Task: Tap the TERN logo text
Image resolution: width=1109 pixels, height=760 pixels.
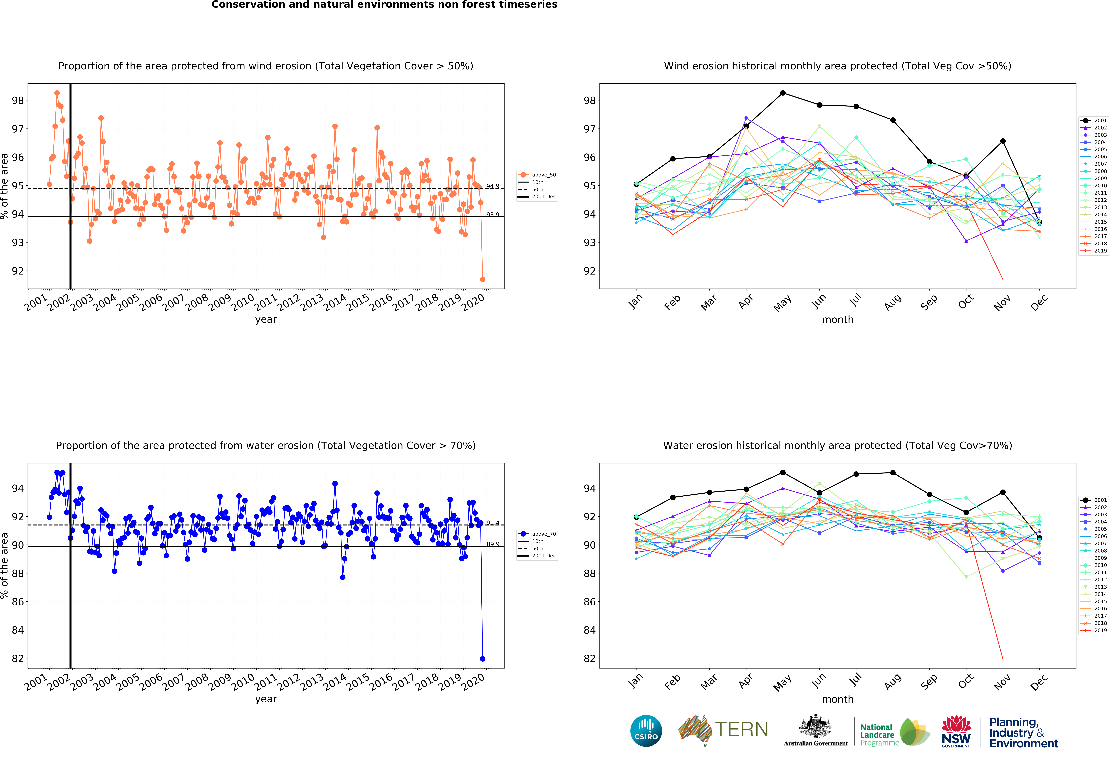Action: (742, 729)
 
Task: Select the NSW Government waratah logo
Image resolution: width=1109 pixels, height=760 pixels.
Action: (956, 731)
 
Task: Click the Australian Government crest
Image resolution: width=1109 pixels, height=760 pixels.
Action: (816, 727)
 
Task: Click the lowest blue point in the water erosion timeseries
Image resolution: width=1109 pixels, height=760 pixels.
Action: (482, 659)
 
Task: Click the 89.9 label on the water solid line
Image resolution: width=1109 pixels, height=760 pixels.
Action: (493, 544)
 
